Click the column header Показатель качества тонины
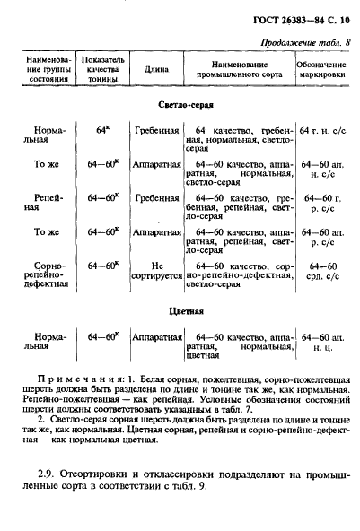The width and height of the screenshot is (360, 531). point(99,69)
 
